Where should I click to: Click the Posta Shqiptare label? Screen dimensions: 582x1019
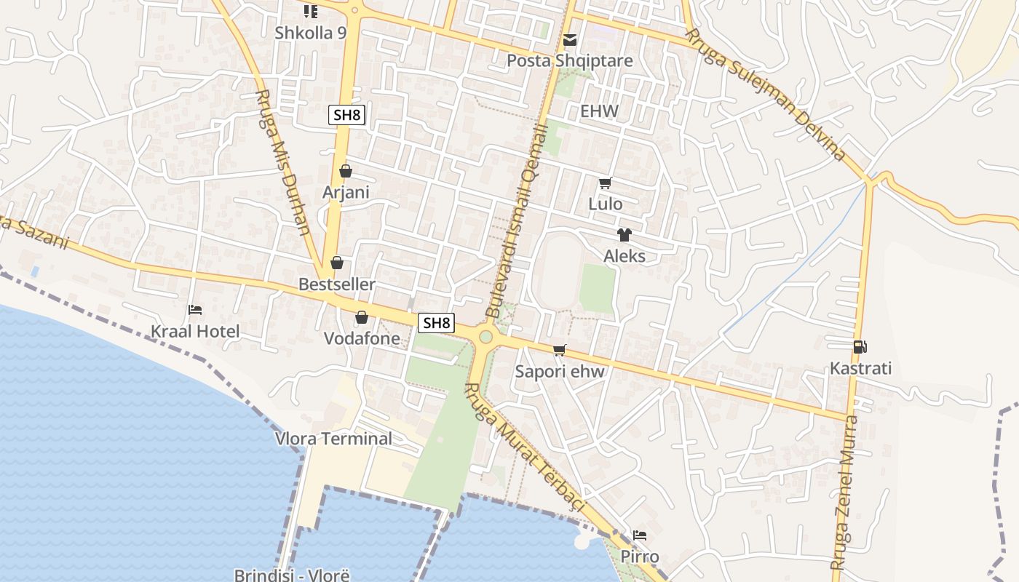pyautogui.click(x=570, y=60)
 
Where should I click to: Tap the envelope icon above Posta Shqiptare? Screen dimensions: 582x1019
pyautogui.click(x=570, y=39)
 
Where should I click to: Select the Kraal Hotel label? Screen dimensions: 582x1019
pyautogui.click(x=195, y=332)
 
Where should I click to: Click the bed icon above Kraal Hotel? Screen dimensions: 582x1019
pyautogui.click(x=195, y=310)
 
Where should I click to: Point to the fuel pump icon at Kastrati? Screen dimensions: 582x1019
pyautogui.click(x=860, y=347)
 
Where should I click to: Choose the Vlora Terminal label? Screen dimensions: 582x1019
pyautogui.click(x=333, y=439)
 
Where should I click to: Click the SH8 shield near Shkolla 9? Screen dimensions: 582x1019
pyautogui.click(x=346, y=114)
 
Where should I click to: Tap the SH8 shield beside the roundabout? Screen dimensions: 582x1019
pyautogui.click(x=437, y=323)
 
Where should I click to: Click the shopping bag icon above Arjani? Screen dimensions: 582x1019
pyautogui.click(x=346, y=171)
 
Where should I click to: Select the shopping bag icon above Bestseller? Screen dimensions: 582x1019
pyautogui.click(x=336, y=263)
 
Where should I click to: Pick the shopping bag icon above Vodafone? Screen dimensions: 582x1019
pyautogui.click(x=362, y=317)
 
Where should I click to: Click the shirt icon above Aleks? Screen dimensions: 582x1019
pyautogui.click(x=625, y=234)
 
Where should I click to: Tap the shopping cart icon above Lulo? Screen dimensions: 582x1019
pyautogui.click(x=606, y=183)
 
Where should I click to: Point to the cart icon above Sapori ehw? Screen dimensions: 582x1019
pyautogui.click(x=560, y=351)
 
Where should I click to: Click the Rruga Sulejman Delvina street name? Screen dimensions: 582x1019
pyautogui.click(x=765, y=94)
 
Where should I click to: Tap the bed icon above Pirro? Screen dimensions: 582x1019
pyautogui.click(x=640, y=535)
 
